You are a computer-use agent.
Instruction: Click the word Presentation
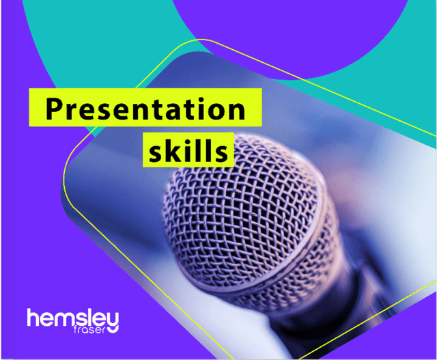coord(145,109)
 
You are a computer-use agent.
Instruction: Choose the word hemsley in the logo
coord(73,319)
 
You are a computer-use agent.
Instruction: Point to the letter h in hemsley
coord(33,318)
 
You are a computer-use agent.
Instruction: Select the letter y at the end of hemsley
coord(112,321)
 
